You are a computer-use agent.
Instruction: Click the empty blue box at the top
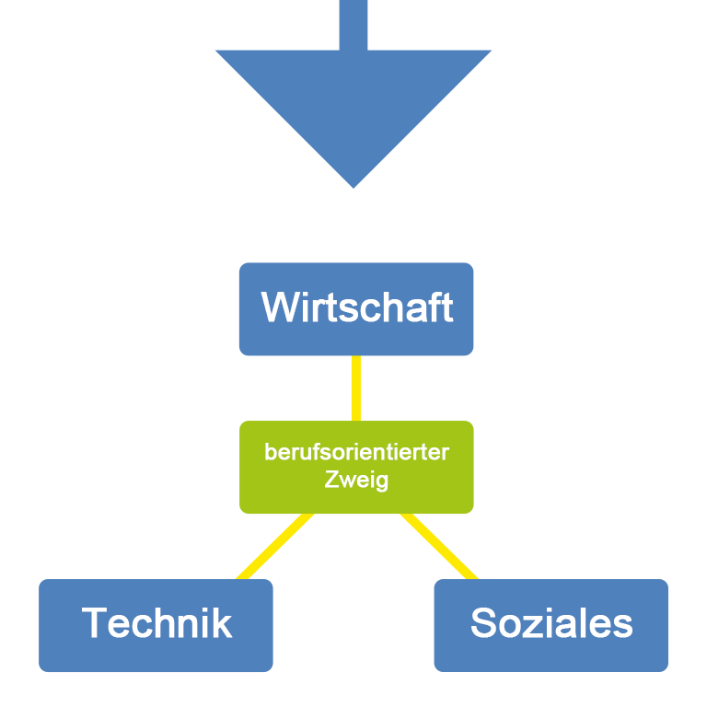[353, 94]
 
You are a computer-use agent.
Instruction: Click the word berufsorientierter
[356, 453]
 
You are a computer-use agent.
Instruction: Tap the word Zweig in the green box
[356, 480]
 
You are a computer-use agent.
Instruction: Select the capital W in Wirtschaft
[279, 307]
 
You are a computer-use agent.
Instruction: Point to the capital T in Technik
[95, 623]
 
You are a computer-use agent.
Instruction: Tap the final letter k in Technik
[223, 623]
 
